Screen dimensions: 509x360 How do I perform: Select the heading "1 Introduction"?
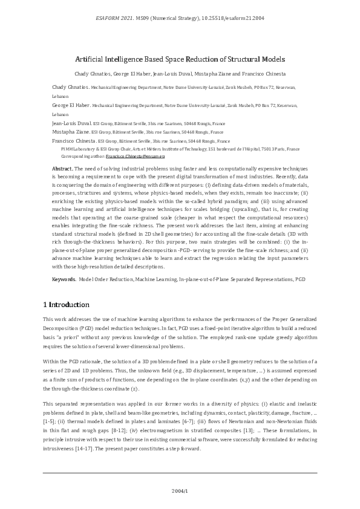point(66,304)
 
